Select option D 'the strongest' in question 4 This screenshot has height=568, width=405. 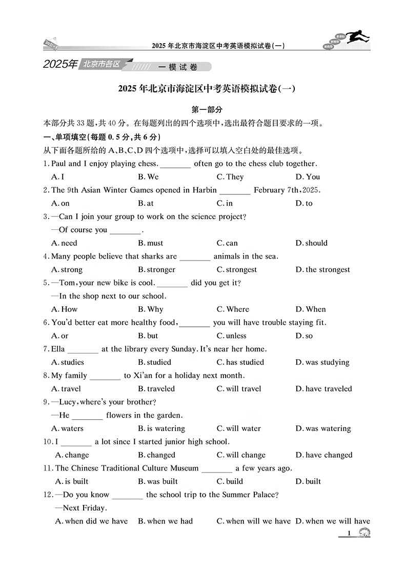[322, 269]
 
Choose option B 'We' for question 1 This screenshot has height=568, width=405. [148, 177]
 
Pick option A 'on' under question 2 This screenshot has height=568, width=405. [60, 203]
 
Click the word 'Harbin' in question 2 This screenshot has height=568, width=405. [205, 190]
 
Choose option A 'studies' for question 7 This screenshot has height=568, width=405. [68, 362]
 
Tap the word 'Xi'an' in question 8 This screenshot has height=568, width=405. [145, 375]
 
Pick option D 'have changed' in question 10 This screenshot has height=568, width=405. [323, 455]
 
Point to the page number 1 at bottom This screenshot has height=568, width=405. [349, 534]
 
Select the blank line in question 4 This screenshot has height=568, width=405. [195, 257]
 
